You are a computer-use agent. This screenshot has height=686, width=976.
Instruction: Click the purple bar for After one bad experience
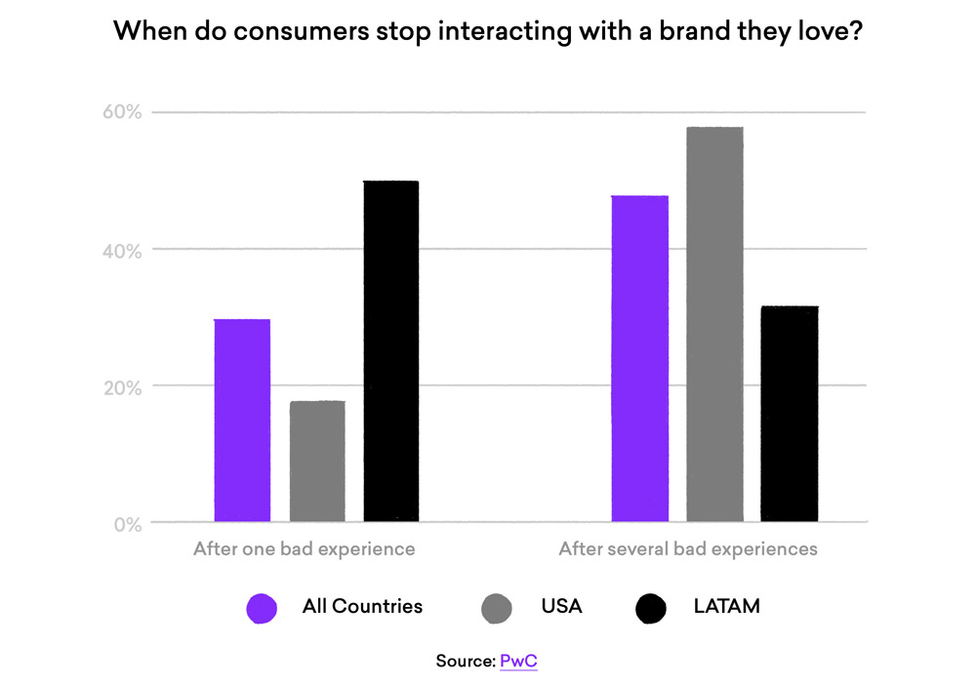click(242, 421)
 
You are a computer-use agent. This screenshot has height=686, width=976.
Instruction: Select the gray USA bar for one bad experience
click(317, 462)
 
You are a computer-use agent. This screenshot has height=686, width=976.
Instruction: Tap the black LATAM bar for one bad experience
click(391, 351)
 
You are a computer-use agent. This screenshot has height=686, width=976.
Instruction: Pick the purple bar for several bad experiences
click(640, 359)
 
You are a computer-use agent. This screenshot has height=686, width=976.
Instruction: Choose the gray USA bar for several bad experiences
click(714, 325)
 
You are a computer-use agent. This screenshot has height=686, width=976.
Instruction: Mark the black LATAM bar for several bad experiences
click(790, 414)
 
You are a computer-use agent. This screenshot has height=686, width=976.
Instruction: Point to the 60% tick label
click(123, 112)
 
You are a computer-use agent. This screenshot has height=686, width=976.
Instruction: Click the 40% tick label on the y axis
click(123, 250)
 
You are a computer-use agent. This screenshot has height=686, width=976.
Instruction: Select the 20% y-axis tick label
click(123, 386)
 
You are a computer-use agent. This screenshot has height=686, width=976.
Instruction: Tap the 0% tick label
click(127, 524)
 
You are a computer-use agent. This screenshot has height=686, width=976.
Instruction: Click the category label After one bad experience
click(304, 548)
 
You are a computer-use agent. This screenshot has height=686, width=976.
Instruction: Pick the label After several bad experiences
click(688, 548)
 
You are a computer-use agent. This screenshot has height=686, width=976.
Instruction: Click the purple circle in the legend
click(262, 608)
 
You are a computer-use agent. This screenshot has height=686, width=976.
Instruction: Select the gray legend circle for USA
click(497, 608)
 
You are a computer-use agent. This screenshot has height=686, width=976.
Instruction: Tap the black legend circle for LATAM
click(650, 608)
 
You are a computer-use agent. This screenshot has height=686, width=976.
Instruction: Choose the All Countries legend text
click(362, 606)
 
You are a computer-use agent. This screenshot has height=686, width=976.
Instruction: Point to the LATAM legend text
click(726, 606)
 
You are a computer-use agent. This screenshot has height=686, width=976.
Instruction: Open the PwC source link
click(518, 661)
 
